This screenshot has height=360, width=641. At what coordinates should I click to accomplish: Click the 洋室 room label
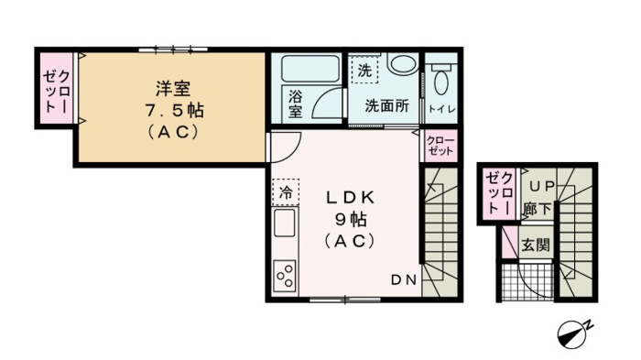point(173,88)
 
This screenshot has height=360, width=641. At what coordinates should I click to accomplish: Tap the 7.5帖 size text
point(174,111)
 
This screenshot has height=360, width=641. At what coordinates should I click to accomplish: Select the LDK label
point(351,198)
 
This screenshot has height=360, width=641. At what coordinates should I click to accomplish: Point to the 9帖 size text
point(351,220)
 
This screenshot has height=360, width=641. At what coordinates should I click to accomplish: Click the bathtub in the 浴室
point(310,69)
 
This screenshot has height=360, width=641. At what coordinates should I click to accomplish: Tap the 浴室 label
point(296,104)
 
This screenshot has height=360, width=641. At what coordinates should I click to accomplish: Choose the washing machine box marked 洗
point(364,70)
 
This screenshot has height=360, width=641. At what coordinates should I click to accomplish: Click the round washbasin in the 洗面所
point(402,62)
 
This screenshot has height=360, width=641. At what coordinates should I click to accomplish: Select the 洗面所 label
point(386,106)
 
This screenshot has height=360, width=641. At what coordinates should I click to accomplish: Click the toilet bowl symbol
point(440,80)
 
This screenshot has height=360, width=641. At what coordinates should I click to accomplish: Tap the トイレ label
point(441,109)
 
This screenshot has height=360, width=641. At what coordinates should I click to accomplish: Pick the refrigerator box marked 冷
point(286,191)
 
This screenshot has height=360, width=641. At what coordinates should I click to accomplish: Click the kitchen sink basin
point(285,223)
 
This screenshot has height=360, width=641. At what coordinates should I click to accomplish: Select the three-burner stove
point(285,276)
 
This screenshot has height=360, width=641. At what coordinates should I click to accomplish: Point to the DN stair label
point(404,280)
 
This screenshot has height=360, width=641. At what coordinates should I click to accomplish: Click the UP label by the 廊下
point(542,187)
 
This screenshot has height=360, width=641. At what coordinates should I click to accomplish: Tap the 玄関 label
point(536,245)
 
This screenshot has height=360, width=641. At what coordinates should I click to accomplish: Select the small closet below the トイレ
point(440,146)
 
